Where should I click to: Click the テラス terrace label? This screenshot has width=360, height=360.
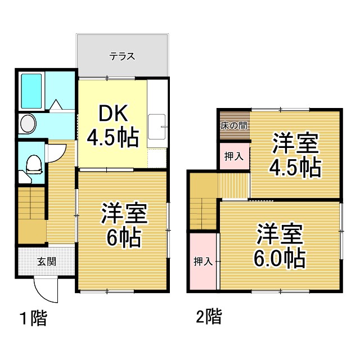[122, 56]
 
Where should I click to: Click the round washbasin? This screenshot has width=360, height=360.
[26, 124]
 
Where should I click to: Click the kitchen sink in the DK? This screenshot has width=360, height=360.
[157, 128]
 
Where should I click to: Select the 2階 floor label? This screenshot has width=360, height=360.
[208, 316]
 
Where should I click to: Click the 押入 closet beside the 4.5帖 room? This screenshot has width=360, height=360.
[233, 156]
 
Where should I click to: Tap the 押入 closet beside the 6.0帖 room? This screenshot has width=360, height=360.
[202, 261]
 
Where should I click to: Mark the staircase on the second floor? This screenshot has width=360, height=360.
[202, 208]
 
